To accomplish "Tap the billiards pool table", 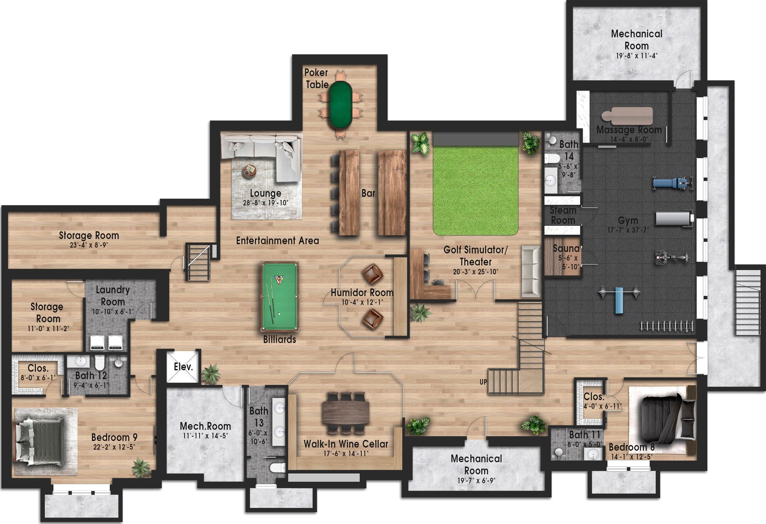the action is [279, 297].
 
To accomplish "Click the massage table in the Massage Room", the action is [627, 116].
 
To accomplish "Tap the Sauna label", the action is [566, 248].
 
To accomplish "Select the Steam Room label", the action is [563, 215].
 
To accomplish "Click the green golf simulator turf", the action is [476, 191].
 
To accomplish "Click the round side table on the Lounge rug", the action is [249, 171].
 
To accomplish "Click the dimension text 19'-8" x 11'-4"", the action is [637, 56].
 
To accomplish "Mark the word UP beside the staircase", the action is [483, 382].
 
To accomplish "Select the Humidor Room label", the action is [362, 293].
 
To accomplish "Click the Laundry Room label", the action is [113, 296].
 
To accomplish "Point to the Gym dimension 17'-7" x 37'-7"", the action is [628, 230].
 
